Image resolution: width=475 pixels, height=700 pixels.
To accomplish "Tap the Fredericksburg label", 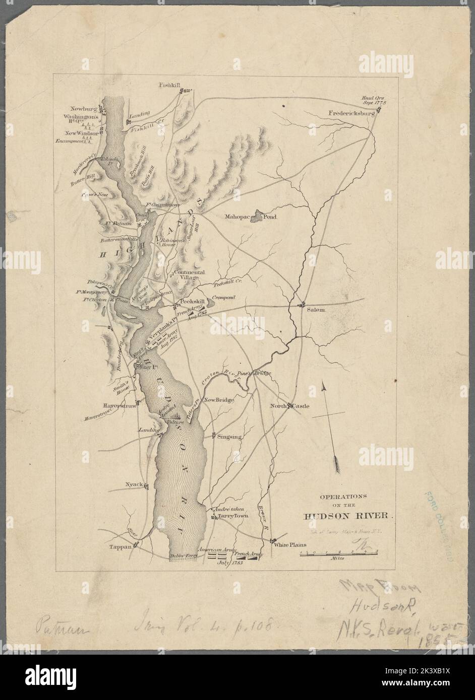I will [x=352, y=113].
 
